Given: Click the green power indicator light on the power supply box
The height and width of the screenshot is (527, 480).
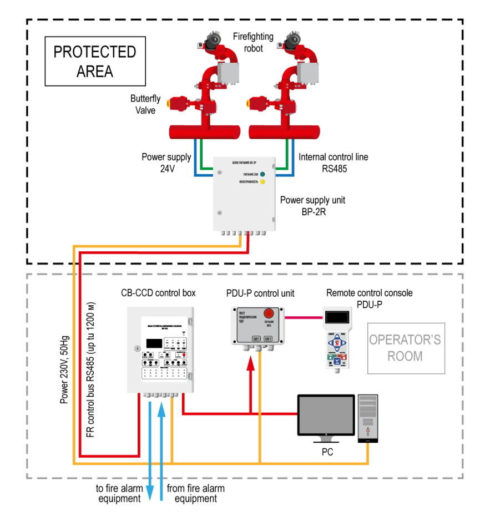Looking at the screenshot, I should point(262,174).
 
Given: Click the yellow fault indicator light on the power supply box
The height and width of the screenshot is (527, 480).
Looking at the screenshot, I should point(262,181).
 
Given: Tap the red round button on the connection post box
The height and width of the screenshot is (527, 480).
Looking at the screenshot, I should point(269,313).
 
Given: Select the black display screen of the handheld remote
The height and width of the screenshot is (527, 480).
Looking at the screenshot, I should point(337,317).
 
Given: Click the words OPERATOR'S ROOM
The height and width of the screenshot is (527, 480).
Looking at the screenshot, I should point(406,348).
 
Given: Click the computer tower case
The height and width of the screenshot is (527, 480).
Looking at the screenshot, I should point(368,417).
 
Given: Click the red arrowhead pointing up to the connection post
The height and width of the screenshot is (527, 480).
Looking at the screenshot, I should point(250,363).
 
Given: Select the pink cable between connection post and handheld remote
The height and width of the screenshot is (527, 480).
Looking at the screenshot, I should point(304,317).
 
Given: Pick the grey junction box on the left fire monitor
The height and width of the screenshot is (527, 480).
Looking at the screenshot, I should point(228,73).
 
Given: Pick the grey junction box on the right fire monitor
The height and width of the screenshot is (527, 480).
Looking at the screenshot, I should point(308,73).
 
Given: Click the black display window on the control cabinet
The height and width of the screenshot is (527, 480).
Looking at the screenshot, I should point(154,343).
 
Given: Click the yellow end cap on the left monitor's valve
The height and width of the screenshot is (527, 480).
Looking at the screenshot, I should point(169,103).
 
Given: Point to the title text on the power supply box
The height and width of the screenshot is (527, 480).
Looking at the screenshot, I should point(244,163).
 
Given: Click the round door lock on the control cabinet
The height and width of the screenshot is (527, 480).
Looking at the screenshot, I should point(137,348).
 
